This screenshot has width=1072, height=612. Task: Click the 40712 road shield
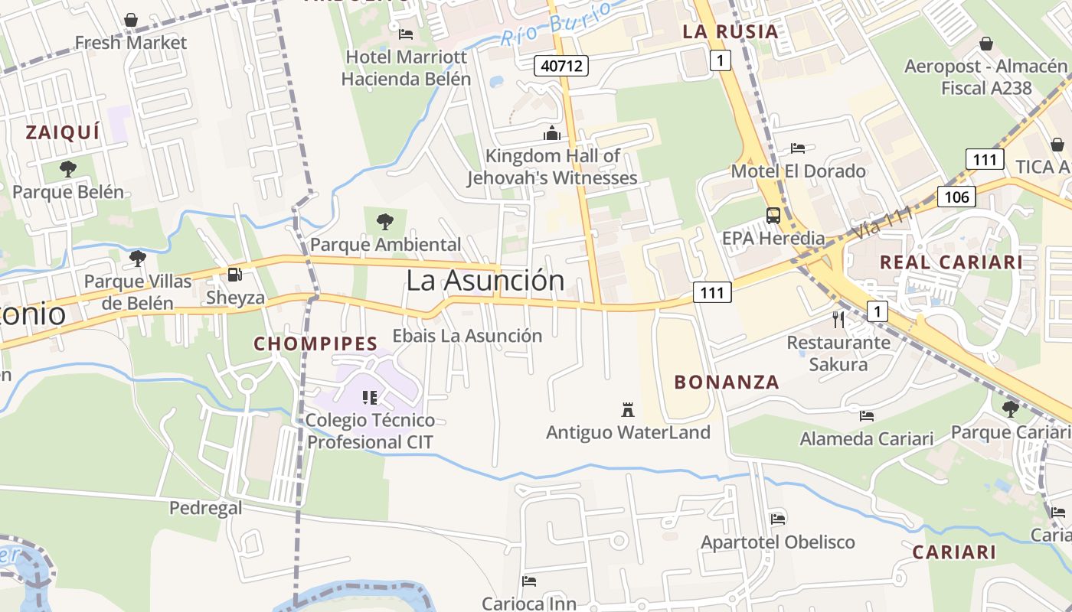pyautogui.click(x=562, y=66)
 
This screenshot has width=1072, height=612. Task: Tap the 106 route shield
pyautogui.click(x=956, y=197)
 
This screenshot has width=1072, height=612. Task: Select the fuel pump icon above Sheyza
pyautogui.click(x=235, y=274)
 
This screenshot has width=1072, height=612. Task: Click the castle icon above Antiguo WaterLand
pyautogui.click(x=628, y=409)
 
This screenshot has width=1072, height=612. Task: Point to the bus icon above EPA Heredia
pyautogui.click(x=773, y=215)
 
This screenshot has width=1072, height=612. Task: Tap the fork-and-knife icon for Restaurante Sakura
pyautogui.click(x=838, y=319)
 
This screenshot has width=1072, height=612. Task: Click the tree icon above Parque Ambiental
pyautogui.click(x=385, y=222)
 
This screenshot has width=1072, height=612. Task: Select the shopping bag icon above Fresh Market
pyautogui.click(x=131, y=20)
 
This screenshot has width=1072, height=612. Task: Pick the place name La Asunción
pyautogui.click(x=485, y=280)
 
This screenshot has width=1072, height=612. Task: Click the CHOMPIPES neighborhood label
pyautogui.click(x=315, y=343)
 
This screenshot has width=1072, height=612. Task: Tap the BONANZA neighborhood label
pyautogui.click(x=727, y=382)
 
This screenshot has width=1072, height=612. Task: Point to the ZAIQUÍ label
pyautogui.click(x=63, y=132)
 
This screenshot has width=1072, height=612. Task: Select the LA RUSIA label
pyautogui.click(x=730, y=31)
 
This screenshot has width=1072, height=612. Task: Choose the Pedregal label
pyautogui.click(x=205, y=508)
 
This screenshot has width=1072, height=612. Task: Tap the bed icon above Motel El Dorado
pyautogui.click(x=798, y=148)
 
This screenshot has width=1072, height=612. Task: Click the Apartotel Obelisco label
pyautogui.click(x=778, y=542)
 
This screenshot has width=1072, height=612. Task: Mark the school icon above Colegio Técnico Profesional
pyautogui.click(x=370, y=397)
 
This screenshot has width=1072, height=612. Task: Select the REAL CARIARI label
pyautogui.click(x=951, y=262)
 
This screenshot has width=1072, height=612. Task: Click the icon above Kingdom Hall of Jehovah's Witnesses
pyautogui.click(x=552, y=134)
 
